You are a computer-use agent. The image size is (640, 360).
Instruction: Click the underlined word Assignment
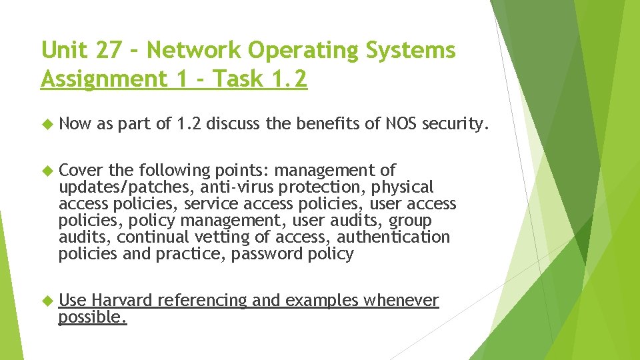point(101,79)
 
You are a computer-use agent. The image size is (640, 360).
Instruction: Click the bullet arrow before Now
point(46,123)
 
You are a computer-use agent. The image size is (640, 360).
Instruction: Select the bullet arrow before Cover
point(46,171)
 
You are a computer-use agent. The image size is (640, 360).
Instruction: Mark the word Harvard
point(121,301)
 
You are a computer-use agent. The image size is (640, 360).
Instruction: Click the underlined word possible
point(92,317)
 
